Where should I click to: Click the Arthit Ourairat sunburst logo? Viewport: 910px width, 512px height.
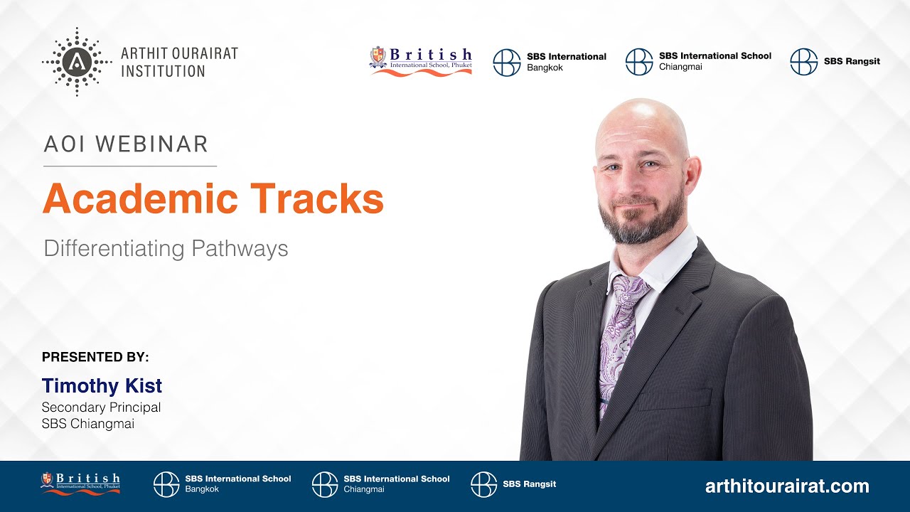coord(77,62)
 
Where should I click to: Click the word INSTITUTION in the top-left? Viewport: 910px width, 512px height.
coord(163,71)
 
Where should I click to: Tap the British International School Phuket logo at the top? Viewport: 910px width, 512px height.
coord(421,61)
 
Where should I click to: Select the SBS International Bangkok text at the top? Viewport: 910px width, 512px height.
coord(567,62)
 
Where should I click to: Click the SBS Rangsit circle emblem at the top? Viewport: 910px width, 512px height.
coord(803,62)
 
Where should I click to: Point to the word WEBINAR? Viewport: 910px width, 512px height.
coord(151,144)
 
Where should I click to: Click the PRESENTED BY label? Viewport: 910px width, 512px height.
coord(95,357)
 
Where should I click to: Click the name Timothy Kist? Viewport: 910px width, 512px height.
coord(102,386)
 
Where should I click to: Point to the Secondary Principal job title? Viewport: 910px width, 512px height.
coord(101,407)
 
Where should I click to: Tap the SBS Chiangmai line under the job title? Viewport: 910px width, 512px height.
coord(87,424)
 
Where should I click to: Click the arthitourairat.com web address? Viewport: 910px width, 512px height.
coord(787,486)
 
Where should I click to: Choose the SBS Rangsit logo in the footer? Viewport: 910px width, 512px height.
coord(513,484)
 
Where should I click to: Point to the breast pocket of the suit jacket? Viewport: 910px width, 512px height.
coord(673,398)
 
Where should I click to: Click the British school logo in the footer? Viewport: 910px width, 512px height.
coord(80,483)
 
